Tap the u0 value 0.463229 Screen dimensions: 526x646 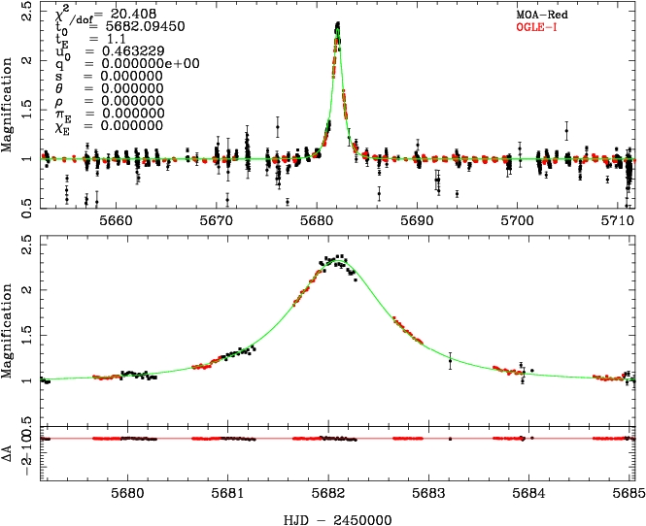click(119, 50)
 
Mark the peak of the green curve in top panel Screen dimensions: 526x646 click(337, 25)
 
